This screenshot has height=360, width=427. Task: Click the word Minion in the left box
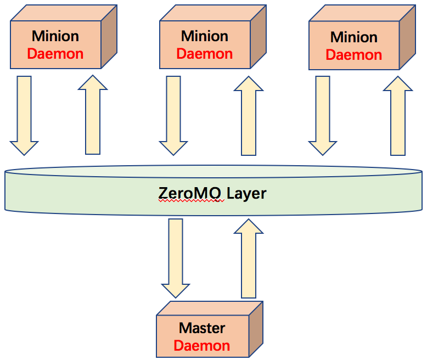(x=55, y=36)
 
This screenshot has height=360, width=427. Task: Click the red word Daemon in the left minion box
(x=55, y=54)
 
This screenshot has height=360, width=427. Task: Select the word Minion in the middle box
(x=205, y=36)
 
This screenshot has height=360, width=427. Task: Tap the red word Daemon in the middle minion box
(x=205, y=54)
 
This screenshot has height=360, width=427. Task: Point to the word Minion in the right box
(x=354, y=37)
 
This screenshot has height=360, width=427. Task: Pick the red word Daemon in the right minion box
(x=354, y=55)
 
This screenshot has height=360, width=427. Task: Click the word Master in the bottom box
(x=202, y=328)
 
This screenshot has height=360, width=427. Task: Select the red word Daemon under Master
(x=202, y=346)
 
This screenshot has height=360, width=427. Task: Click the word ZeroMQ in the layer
(x=189, y=193)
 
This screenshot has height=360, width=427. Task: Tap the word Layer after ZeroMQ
(x=246, y=194)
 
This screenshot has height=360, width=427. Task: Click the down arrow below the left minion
(x=24, y=116)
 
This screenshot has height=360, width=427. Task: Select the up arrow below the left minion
(x=93, y=115)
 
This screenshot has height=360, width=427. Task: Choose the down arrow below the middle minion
(x=173, y=116)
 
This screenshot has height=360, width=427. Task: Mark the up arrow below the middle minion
(x=249, y=116)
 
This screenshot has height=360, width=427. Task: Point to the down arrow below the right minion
(x=322, y=116)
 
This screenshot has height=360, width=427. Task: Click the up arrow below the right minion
(x=398, y=116)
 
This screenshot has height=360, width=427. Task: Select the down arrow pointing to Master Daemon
(x=176, y=258)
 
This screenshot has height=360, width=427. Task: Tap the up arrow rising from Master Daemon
(x=249, y=258)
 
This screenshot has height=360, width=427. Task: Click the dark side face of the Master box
(x=256, y=329)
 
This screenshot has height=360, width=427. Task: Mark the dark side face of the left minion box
(x=109, y=36)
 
